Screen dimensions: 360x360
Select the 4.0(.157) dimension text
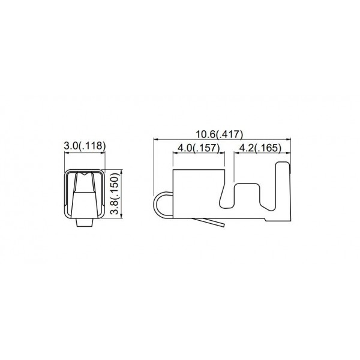click(x=199, y=148)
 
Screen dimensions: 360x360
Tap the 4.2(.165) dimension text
click(x=260, y=148)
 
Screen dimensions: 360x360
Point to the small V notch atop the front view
click(x=85, y=175)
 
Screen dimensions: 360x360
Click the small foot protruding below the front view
click(x=85, y=224)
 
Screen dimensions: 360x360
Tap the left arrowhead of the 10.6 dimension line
click(x=156, y=139)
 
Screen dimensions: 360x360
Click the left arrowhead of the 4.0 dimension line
click(x=174, y=153)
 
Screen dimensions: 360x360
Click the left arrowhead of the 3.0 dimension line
click(x=65, y=153)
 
